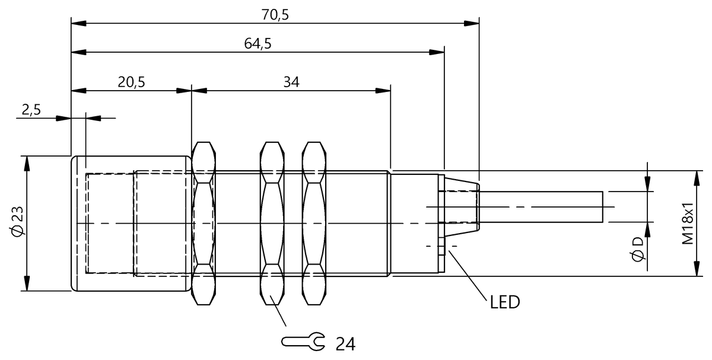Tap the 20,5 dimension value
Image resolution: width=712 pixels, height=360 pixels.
tap(131, 82)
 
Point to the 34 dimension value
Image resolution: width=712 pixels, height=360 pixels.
tap(291, 82)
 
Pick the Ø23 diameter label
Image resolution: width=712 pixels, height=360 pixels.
tap(17, 224)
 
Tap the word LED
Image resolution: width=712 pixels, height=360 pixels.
tap(505, 302)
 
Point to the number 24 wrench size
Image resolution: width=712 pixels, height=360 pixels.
tap(345, 343)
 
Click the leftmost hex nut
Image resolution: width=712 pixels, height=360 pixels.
tap(203, 224)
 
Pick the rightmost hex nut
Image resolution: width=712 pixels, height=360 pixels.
tap(313, 224)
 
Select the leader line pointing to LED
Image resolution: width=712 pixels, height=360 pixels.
tap(469, 273)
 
